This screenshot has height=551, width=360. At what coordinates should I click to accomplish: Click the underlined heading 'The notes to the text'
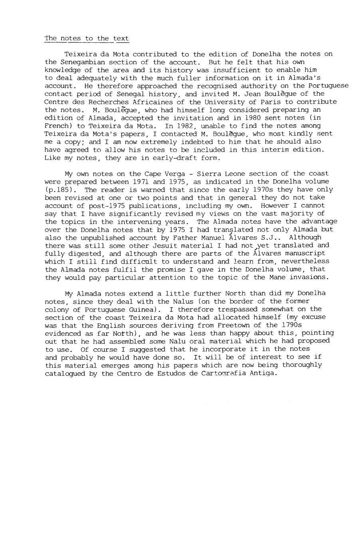point(87,38)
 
